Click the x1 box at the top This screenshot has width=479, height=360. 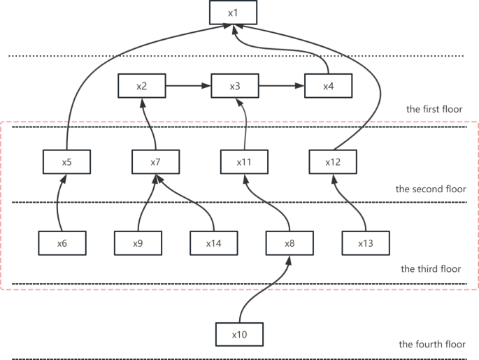tap(234, 13)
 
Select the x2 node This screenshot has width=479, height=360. tap(142, 86)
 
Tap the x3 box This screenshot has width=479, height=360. tap(235, 86)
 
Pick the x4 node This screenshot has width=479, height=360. tap(329, 86)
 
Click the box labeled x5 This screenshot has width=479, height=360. tap(66, 161)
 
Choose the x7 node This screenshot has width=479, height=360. tap(156, 161)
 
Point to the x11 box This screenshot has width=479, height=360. tap(244, 161)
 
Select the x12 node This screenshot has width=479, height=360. tap(333, 161)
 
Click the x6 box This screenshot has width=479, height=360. tap(62, 243)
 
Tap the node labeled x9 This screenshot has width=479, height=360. tap(138, 243)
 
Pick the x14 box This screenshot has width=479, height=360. tap(214, 243)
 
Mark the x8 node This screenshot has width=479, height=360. tap(290, 243)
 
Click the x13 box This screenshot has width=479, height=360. tap(366, 243)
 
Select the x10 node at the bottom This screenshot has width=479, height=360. tap(240, 335)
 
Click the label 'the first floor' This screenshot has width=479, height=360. tap(434, 109)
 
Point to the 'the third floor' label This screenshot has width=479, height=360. tap(431, 268)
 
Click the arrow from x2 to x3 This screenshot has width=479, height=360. tap(188, 86)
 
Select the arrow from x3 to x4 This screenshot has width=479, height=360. tap(282, 86)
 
